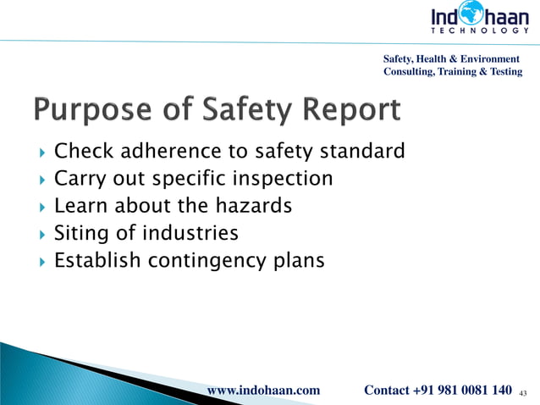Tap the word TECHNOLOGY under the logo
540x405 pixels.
(x=479, y=31)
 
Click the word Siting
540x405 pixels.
(x=78, y=232)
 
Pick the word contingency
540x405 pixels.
(x=201, y=261)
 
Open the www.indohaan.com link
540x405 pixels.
(x=263, y=390)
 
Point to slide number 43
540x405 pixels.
(x=522, y=391)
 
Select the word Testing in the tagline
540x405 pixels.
(x=504, y=72)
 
